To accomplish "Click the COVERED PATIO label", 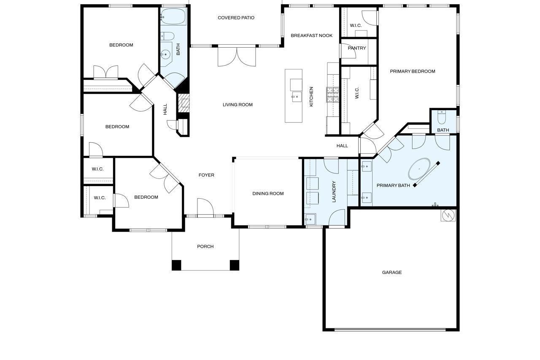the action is tap(236, 18).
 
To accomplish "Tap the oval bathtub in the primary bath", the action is tap(419, 169).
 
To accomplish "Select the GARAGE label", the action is tap(392, 273).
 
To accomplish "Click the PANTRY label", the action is tap(357, 48).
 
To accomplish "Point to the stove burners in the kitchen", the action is tap(333, 95).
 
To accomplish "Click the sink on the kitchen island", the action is tap(297, 97).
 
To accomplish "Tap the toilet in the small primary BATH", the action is tap(442, 117).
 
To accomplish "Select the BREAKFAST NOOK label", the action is tap(311, 36).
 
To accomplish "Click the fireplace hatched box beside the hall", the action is tap(184, 103).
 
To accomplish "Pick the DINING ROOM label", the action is tap(268, 194).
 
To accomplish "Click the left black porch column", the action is tap(176, 265).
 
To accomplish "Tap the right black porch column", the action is tap(234, 265).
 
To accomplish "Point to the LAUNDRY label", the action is tap(334, 192).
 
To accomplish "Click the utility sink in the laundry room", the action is tap(310, 219).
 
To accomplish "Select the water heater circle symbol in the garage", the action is tap(448, 215).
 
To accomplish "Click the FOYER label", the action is tap(206, 175).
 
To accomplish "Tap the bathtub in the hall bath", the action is tap(173, 16).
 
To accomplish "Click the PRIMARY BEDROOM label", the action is tap(413, 71).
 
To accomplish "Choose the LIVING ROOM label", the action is tap(238, 105).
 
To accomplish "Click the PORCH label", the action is tap(205, 246).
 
